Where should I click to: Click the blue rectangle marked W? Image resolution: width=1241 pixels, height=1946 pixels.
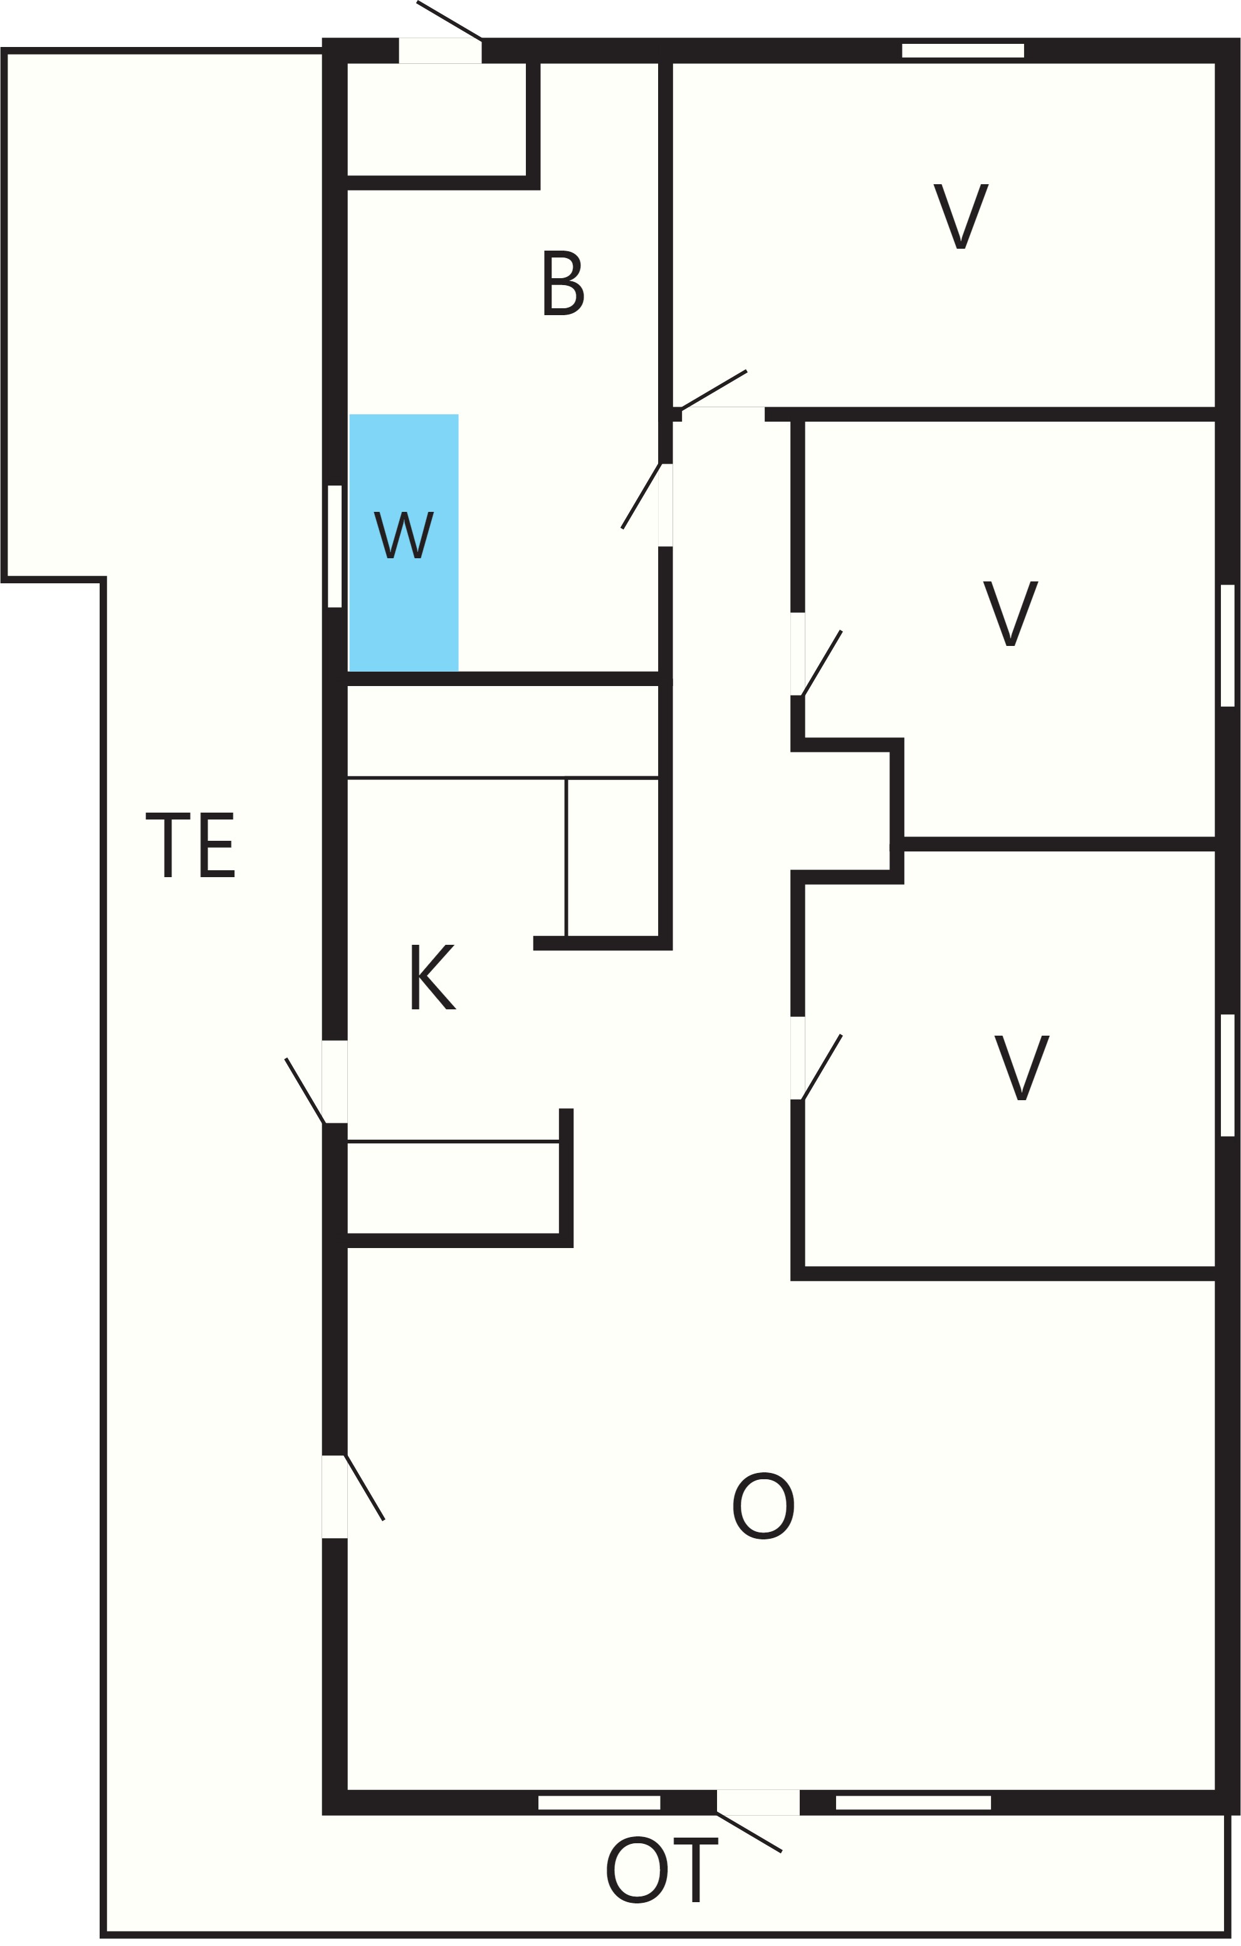(x=404, y=543)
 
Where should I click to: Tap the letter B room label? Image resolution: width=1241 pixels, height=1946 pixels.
(x=563, y=283)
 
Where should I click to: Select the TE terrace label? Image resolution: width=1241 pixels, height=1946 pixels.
(x=190, y=845)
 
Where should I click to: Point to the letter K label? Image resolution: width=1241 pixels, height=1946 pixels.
(x=433, y=977)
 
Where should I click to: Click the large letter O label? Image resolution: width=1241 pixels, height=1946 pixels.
(x=763, y=1506)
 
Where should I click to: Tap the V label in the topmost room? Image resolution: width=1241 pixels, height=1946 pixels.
(x=961, y=217)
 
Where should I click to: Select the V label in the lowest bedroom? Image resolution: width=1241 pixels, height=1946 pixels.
(x=1022, y=1068)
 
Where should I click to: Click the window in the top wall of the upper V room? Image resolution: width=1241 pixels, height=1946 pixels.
(x=963, y=51)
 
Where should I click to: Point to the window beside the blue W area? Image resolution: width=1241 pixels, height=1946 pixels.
(x=335, y=546)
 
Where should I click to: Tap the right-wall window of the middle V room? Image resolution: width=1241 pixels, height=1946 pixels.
(x=1227, y=646)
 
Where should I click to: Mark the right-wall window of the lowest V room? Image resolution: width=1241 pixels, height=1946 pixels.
(x=1227, y=1075)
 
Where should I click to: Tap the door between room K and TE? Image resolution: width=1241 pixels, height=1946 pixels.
(x=335, y=1081)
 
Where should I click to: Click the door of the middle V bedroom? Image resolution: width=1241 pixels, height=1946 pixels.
(x=798, y=654)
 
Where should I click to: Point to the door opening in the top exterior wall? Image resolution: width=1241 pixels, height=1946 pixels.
(x=441, y=50)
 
